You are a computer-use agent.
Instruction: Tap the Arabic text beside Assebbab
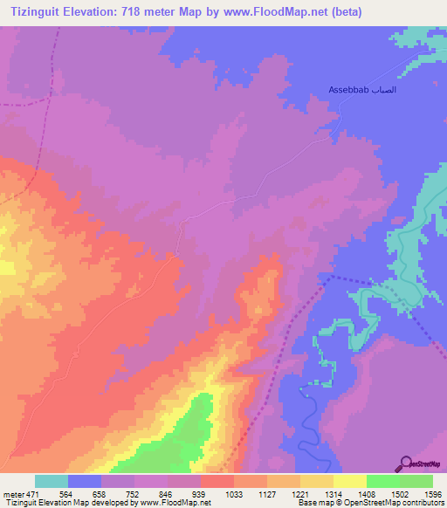click(x=384, y=90)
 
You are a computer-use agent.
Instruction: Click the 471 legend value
click(x=33, y=493)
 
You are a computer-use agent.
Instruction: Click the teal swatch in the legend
click(x=52, y=481)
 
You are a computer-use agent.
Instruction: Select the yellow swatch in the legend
click(x=350, y=481)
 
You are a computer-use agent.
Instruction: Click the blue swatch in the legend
click(x=85, y=481)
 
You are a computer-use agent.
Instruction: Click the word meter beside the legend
click(x=13, y=493)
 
